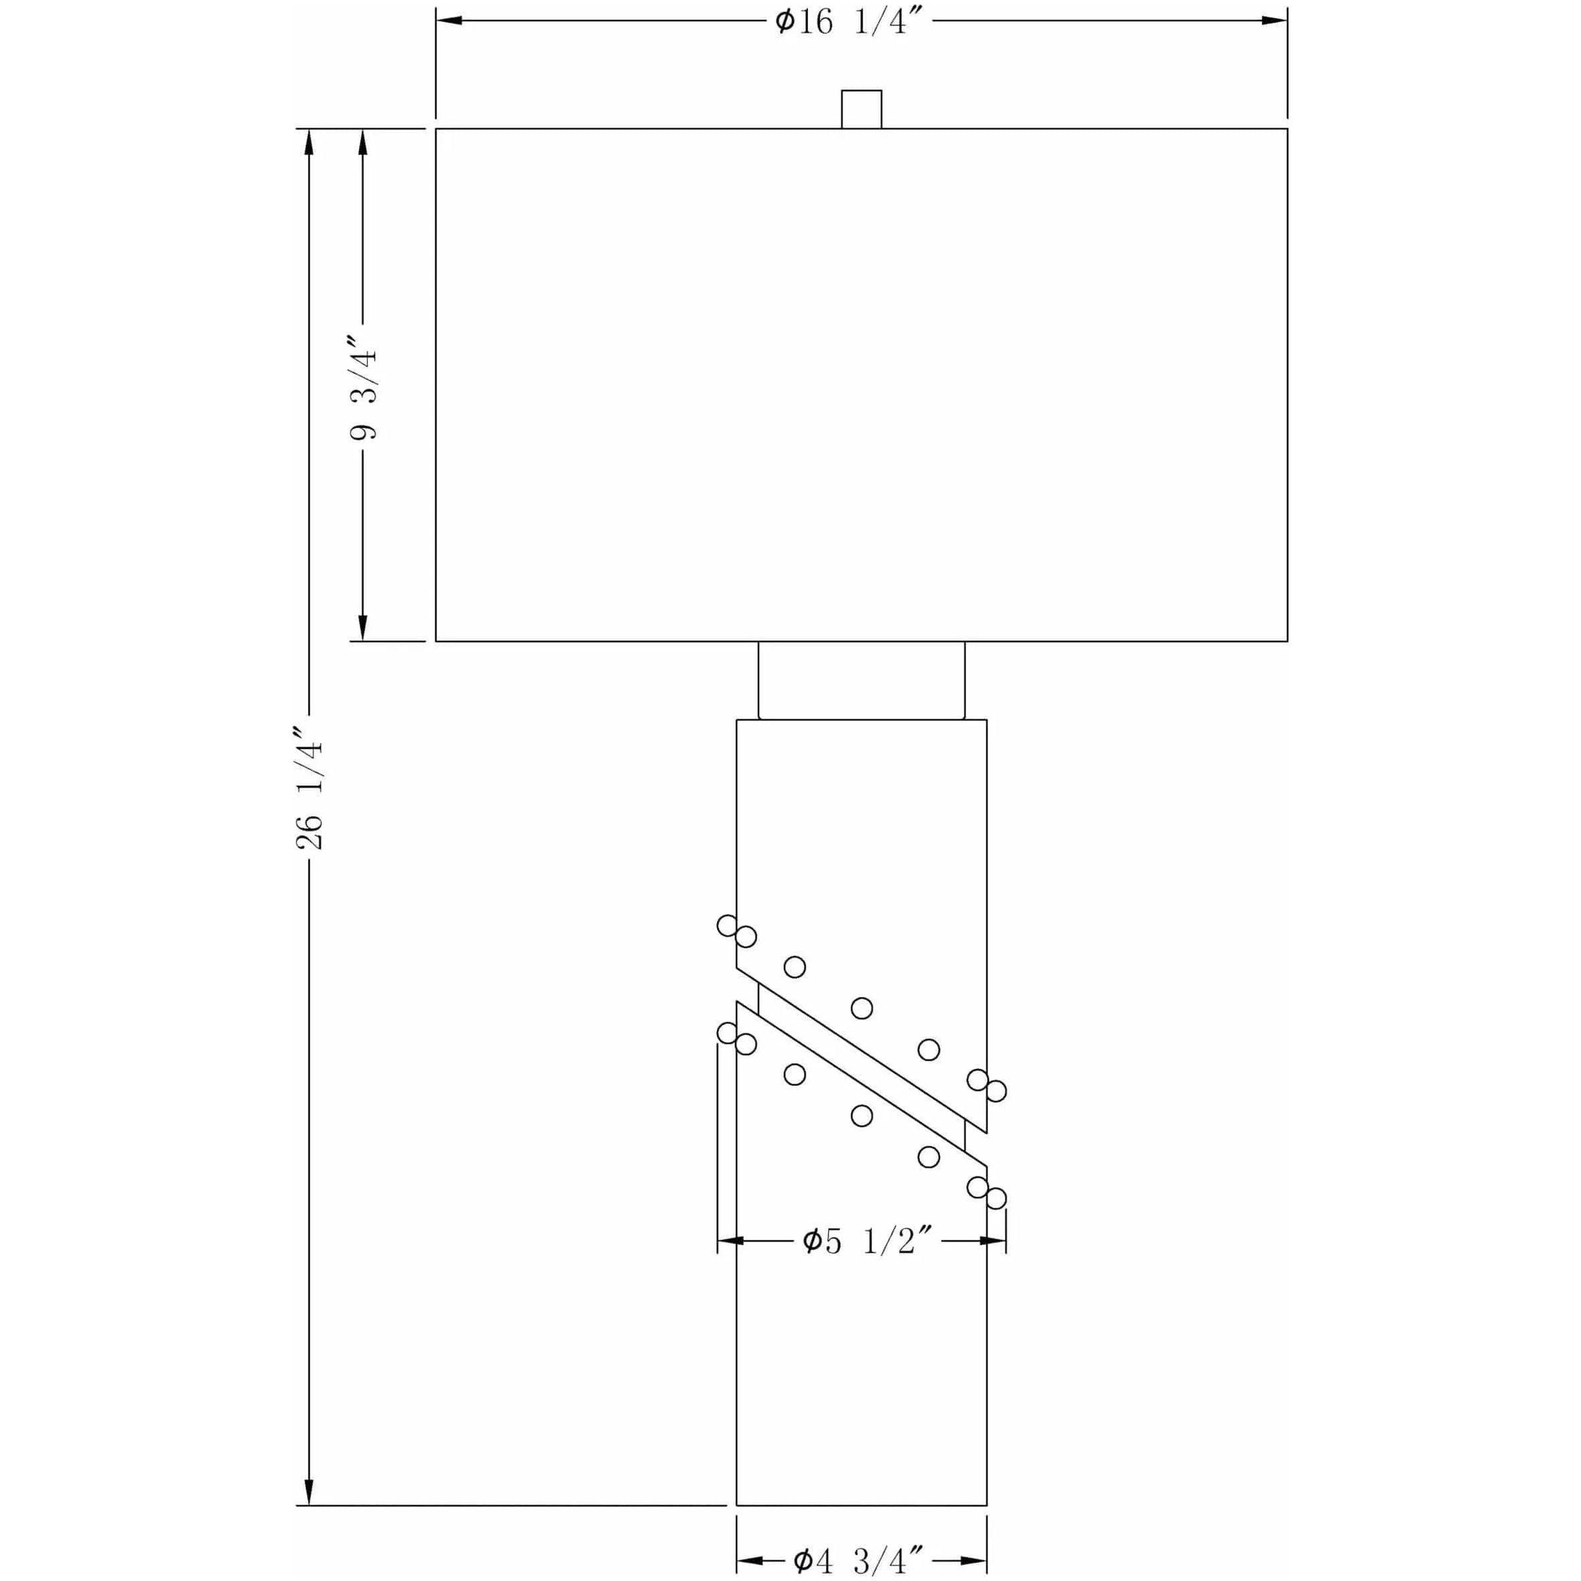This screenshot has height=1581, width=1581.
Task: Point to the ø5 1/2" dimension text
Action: (868, 1241)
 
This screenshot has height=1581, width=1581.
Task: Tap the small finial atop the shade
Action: (862, 109)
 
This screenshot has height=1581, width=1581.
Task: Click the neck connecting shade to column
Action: (862, 680)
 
